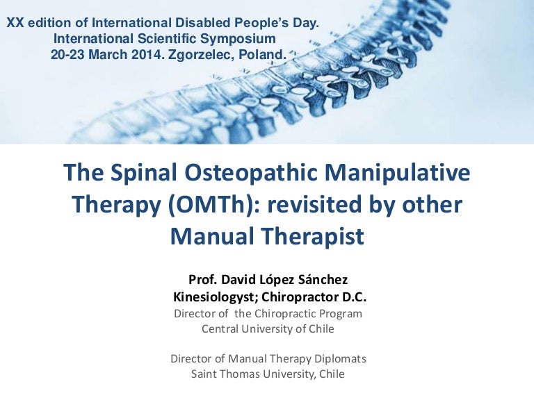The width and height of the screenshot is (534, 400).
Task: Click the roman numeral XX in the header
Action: [x=15, y=24]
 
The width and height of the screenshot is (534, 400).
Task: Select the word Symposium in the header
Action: [x=236, y=39]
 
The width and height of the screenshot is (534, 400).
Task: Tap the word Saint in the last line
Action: [x=205, y=374]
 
